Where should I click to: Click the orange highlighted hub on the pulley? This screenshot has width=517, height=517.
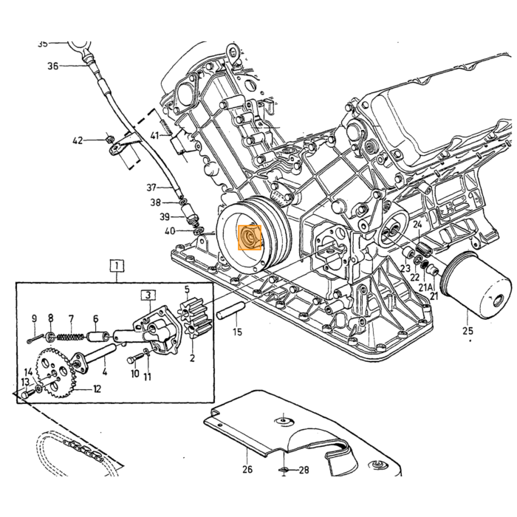pyautogui.click(x=250, y=237)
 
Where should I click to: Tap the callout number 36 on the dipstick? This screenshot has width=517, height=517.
pyautogui.click(x=52, y=66)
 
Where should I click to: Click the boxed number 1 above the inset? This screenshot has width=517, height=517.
pyautogui.click(x=117, y=266)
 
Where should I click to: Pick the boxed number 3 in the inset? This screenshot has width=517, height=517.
pyautogui.click(x=148, y=295)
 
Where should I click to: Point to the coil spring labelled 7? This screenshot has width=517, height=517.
pyautogui.click(x=71, y=337)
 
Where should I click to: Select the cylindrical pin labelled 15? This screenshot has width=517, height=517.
pyautogui.click(x=231, y=309)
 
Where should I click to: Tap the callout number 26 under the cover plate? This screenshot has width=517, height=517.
pyautogui.click(x=247, y=468)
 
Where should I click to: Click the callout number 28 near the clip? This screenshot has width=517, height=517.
pyautogui.click(x=304, y=470)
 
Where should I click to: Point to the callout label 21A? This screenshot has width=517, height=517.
pyautogui.click(x=425, y=287)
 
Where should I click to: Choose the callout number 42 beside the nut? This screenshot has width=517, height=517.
pyautogui.click(x=78, y=141)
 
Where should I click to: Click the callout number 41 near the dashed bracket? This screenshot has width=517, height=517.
pyautogui.click(x=154, y=135)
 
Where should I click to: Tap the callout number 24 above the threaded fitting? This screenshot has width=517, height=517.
pyautogui.click(x=417, y=225)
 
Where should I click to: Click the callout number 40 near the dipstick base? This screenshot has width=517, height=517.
pyautogui.click(x=170, y=231)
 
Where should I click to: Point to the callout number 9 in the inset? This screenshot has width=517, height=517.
pyautogui.click(x=34, y=318)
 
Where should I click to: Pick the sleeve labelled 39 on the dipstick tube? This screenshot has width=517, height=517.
pyautogui.click(x=189, y=213)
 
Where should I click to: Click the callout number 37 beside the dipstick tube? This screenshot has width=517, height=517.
pyautogui.click(x=151, y=188)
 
